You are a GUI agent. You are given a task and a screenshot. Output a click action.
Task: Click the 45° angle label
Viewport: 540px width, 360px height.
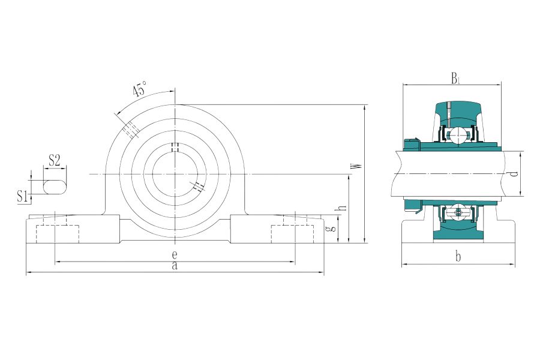pos(140,89)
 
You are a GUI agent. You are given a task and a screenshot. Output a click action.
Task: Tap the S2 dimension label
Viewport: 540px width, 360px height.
pos(55,160)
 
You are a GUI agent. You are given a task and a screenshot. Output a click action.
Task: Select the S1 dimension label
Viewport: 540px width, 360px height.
pos(22,196)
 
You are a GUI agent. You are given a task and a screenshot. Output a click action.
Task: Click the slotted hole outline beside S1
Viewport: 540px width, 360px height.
pos(55,187)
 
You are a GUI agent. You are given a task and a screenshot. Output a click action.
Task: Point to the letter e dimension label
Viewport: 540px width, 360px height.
pos(175,254)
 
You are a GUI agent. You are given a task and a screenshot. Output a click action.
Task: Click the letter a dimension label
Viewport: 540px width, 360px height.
pos(175,266)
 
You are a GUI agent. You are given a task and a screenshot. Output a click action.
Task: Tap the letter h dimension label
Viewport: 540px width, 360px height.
pos(342,208)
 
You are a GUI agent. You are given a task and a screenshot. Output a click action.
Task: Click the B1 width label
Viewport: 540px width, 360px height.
pos(455,78)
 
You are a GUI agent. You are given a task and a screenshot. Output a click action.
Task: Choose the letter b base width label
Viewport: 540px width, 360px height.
pos(458,257)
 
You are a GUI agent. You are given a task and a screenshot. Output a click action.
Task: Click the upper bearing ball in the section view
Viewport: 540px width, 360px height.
pos(458,135)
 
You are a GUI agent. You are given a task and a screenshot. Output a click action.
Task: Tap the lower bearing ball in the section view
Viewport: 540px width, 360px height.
pos(458,212)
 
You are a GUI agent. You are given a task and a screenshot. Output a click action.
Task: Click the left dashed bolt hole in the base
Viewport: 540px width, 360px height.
pos(58,234)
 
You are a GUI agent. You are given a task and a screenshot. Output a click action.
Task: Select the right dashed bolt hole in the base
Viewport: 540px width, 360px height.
pos(292,234)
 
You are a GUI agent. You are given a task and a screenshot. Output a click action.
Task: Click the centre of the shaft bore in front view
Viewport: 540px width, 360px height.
pos(175,175)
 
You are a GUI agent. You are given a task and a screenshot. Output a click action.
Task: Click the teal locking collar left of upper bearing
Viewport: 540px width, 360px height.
pos(412,144)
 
